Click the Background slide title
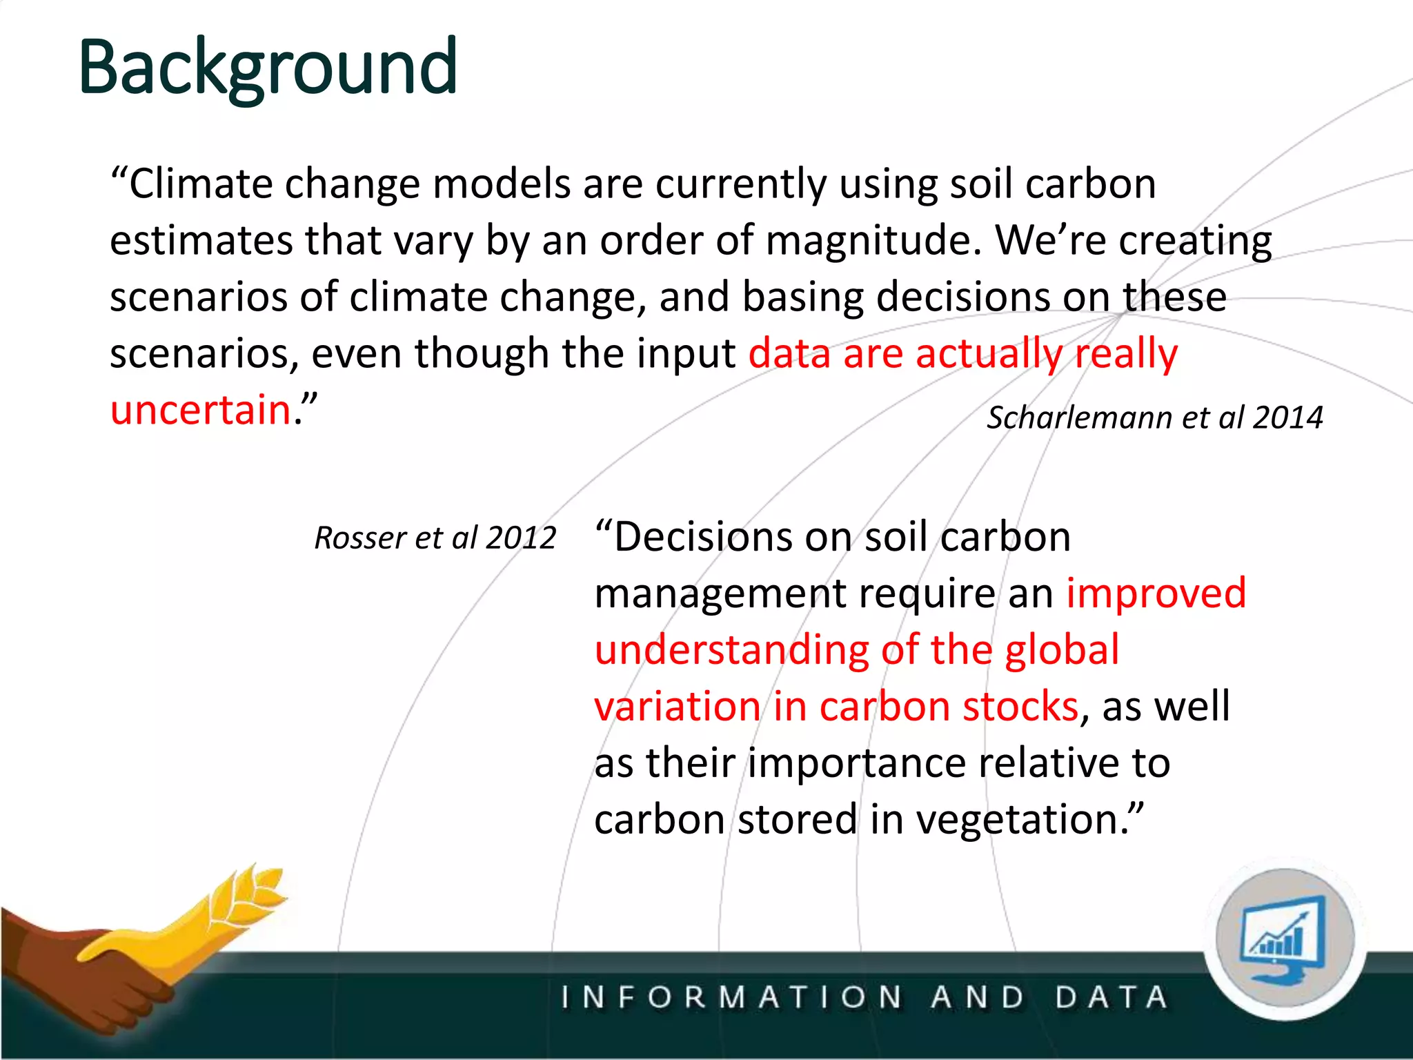point(268,68)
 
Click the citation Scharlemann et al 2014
point(1154,418)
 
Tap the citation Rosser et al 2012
point(435,538)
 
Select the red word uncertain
point(200,409)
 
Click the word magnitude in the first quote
point(873,242)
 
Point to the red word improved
point(1156,593)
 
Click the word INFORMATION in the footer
point(731,998)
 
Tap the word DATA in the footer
point(1111,998)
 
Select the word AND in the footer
point(978,998)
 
